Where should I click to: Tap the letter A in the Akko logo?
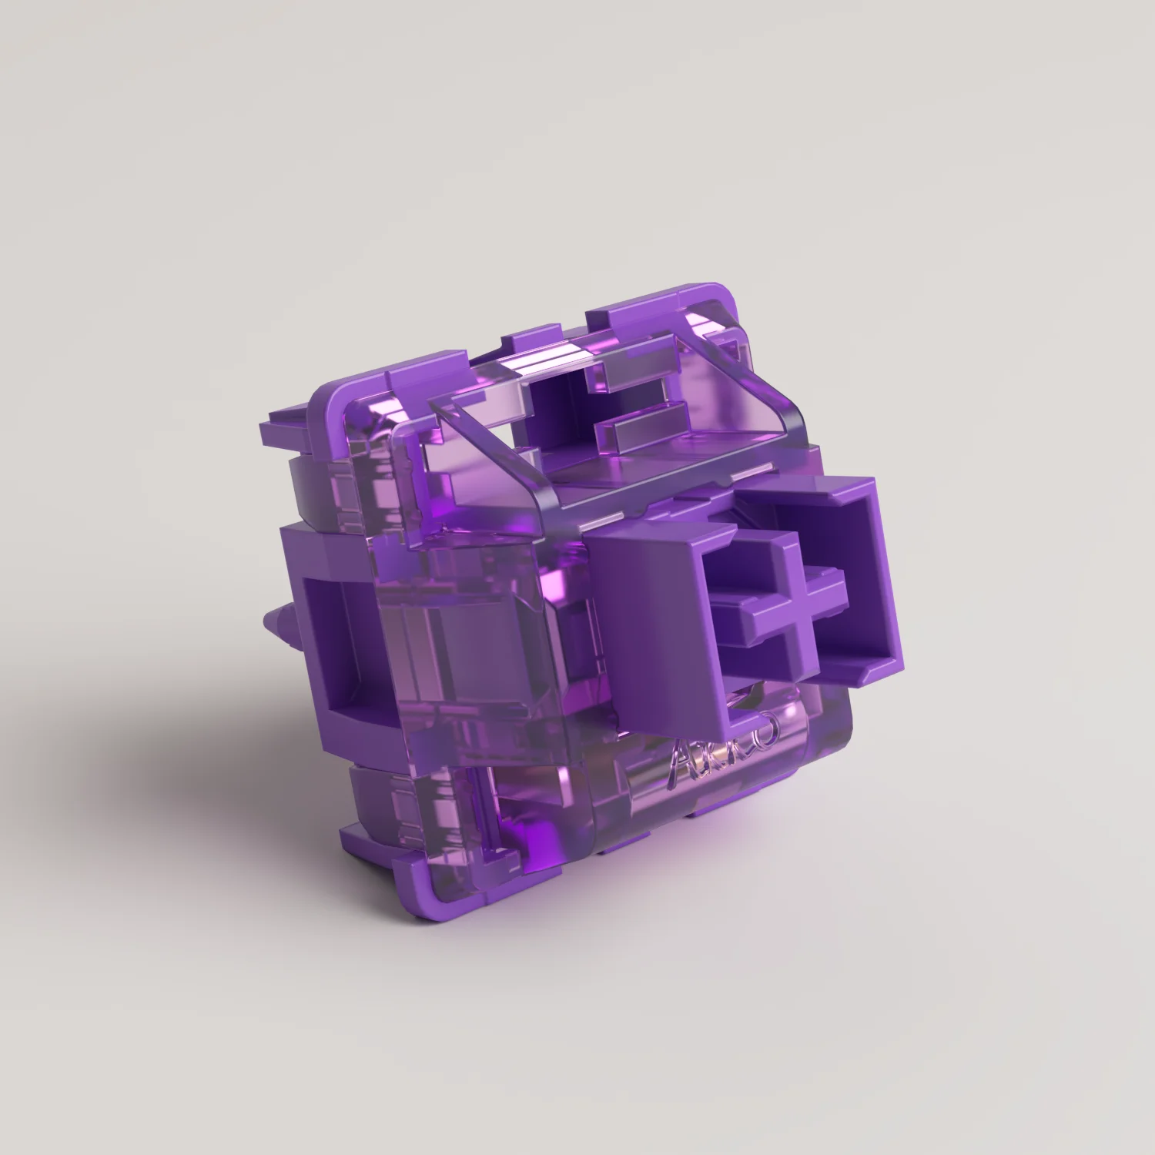(x=681, y=766)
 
